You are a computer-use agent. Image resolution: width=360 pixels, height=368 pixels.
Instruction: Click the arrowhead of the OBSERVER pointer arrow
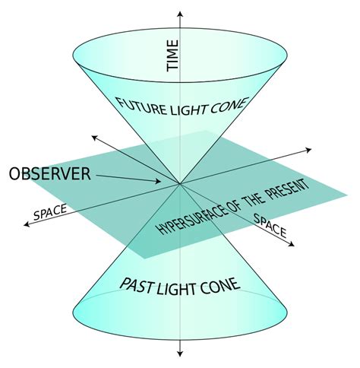tap(159, 182)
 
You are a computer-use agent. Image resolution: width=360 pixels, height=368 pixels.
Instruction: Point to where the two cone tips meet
tap(180, 183)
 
